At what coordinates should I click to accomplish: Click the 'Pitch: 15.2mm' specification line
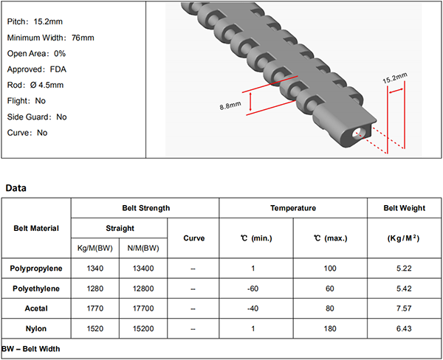[x=35, y=21]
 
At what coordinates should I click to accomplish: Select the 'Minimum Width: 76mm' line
[x=50, y=38]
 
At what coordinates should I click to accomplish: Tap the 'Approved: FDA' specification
[x=37, y=69]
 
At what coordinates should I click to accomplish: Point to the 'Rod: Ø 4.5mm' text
[x=35, y=85]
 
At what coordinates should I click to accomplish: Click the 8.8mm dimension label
[x=230, y=105]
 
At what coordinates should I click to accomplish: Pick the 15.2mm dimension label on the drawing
[x=395, y=78]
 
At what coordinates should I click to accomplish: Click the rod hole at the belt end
[x=357, y=132]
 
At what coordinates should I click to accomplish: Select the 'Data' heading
[x=16, y=188]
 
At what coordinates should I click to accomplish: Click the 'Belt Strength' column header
[x=146, y=208]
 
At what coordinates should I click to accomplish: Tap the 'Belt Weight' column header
[x=405, y=208]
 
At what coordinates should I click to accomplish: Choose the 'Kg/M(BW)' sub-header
[x=95, y=248]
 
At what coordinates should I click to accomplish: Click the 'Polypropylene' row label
[x=36, y=269]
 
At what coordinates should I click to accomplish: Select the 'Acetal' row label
[x=36, y=308]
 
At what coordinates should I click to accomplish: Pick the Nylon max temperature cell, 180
[x=330, y=329]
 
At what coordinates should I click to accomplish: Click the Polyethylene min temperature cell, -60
[x=253, y=288]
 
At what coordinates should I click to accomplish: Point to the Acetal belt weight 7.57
[x=404, y=308]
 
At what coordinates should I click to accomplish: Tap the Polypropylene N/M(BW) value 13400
[x=143, y=269]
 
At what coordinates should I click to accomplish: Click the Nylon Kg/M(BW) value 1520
[x=95, y=329]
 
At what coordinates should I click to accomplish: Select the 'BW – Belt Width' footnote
[x=30, y=349]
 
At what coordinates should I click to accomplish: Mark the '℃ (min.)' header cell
[x=256, y=238]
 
